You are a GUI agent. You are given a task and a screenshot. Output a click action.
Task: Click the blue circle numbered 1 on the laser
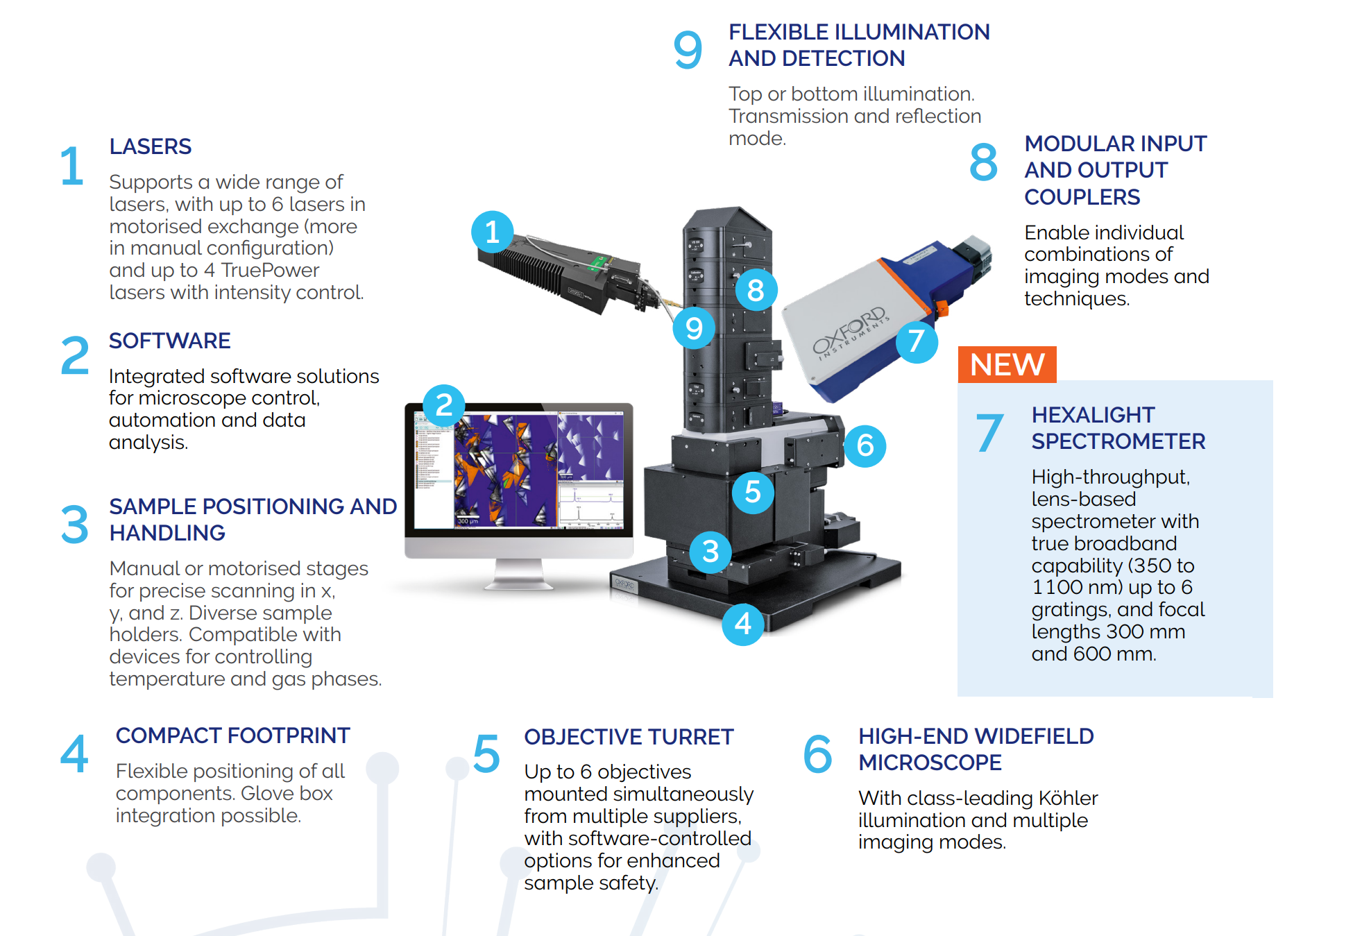[492, 232]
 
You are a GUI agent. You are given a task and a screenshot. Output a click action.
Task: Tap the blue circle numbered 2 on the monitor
[444, 405]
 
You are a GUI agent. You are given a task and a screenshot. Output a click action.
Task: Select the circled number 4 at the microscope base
[743, 624]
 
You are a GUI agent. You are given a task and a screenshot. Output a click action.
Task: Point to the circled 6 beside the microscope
[865, 445]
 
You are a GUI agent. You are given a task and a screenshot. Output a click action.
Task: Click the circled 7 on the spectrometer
[917, 341]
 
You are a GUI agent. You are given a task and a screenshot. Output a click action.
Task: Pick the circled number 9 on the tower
[694, 328]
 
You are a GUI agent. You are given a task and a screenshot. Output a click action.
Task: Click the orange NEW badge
[1007, 364]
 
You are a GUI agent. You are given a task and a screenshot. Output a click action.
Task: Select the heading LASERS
[150, 146]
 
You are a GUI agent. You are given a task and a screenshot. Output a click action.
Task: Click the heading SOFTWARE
[169, 341]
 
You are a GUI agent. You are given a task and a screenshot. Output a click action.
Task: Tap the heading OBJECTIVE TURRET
[629, 737]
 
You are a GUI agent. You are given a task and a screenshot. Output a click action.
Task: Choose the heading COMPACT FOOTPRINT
[232, 735]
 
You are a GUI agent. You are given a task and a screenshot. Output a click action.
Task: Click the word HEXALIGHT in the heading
[1093, 415]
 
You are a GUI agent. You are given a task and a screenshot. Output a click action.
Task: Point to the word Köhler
[1068, 798]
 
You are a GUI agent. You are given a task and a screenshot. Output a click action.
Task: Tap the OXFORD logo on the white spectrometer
[850, 332]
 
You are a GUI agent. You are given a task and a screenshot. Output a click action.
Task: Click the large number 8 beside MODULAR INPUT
[983, 162]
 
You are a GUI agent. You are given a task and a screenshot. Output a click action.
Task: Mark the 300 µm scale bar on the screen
[468, 520]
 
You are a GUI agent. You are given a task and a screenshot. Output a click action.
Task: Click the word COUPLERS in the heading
[1082, 197]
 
